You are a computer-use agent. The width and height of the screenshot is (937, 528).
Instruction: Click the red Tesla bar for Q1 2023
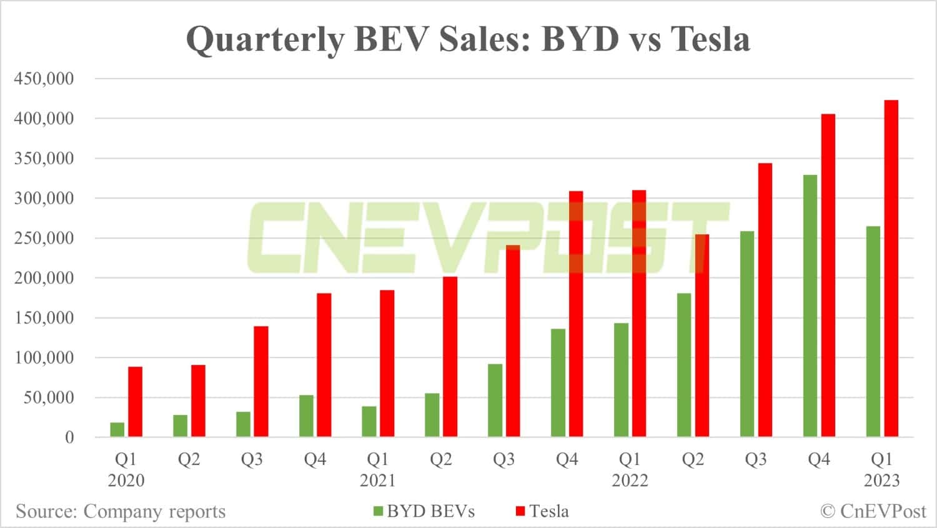[x=891, y=268]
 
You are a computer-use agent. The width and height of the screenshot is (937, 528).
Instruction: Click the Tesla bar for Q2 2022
[x=702, y=336]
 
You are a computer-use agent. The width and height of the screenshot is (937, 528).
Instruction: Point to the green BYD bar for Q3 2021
[x=495, y=400]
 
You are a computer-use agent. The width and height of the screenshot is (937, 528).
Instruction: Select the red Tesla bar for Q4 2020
[x=324, y=365]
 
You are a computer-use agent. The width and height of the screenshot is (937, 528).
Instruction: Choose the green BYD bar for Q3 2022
[x=747, y=334]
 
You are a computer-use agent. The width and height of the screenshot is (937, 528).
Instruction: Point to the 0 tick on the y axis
[x=69, y=437]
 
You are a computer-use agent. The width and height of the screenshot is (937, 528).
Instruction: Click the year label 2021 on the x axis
[x=377, y=480]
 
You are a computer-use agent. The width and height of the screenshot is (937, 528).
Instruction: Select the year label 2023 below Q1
[x=881, y=480]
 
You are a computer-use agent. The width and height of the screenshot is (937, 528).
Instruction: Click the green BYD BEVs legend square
[x=378, y=512]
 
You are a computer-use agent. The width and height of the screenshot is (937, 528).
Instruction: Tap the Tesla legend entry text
[x=549, y=512]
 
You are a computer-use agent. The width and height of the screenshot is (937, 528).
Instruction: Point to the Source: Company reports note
[x=121, y=512]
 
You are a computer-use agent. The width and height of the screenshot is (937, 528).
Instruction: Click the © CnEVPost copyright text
[x=873, y=512]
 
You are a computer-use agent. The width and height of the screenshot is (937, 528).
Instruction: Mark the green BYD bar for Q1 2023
[x=873, y=331]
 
